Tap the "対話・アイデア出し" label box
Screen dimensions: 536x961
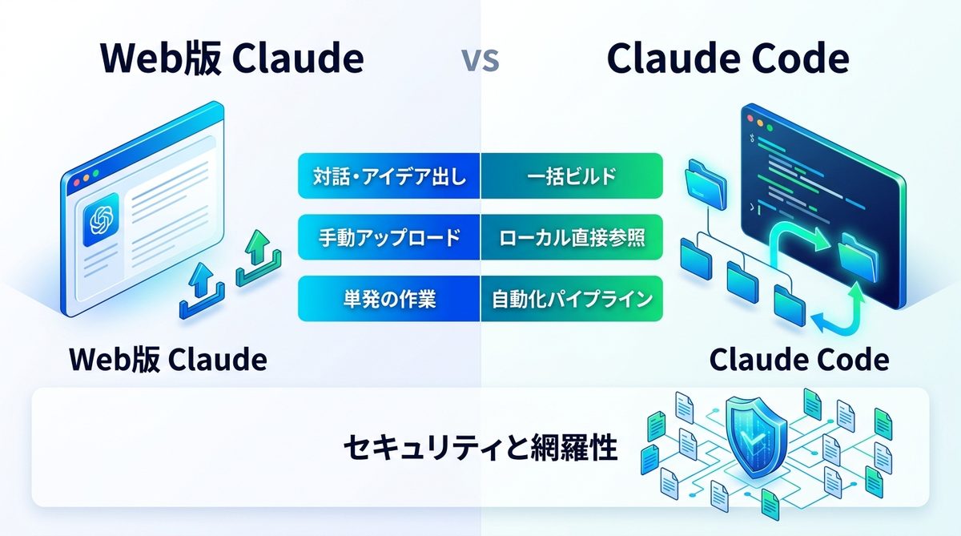(388, 175)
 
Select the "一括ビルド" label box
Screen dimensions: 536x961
(572, 175)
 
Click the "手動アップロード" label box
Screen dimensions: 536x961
(388, 237)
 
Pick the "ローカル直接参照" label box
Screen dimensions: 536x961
(572, 237)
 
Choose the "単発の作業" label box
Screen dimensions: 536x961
(388, 299)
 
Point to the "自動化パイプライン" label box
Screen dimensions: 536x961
(572, 299)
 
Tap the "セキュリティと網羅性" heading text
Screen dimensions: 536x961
(480, 448)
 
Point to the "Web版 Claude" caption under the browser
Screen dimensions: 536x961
(167, 360)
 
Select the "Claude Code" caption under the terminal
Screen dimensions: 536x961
(798, 360)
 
